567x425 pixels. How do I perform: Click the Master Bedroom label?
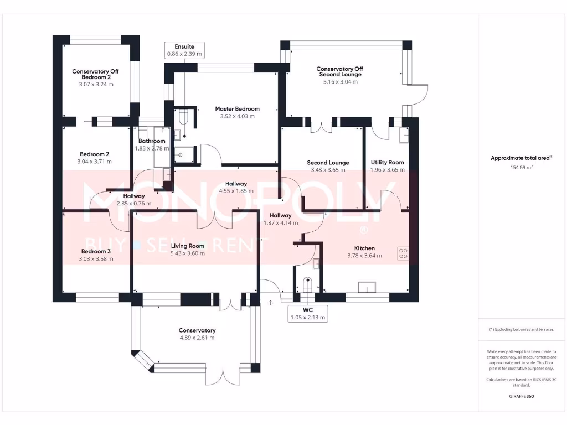[x=237, y=109]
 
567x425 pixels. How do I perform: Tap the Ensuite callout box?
[x=185, y=50]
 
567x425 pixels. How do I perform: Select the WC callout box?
[x=308, y=314]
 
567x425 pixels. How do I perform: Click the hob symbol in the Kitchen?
[x=403, y=253]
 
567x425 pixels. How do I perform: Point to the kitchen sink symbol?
[x=367, y=287]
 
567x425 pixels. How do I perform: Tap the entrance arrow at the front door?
[x=271, y=303]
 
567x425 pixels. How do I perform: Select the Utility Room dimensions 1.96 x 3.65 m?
[x=387, y=170]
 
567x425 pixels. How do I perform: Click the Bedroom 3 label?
[x=95, y=251]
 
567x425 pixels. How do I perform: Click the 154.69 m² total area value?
[x=521, y=167]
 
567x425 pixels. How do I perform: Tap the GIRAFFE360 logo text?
[x=521, y=396]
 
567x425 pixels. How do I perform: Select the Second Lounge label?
[x=328, y=163]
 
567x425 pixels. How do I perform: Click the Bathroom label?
[x=152, y=141]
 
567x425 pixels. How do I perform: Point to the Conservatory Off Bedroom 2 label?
[x=95, y=74]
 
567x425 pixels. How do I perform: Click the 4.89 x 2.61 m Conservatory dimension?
[x=197, y=338]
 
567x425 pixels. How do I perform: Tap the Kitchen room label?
[x=364, y=248]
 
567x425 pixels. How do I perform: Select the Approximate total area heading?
[x=520, y=158]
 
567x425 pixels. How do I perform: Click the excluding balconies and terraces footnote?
[x=521, y=329]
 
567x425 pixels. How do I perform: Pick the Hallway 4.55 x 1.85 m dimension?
[x=236, y=191]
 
